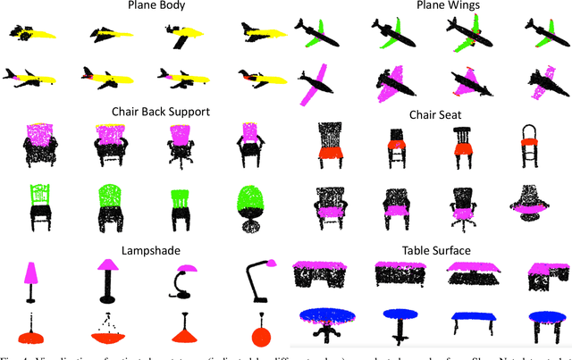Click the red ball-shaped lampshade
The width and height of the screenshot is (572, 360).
coord(261,335)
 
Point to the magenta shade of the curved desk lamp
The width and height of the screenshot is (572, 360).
coord(189,268)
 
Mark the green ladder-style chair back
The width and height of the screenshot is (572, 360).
coord(38,195)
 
